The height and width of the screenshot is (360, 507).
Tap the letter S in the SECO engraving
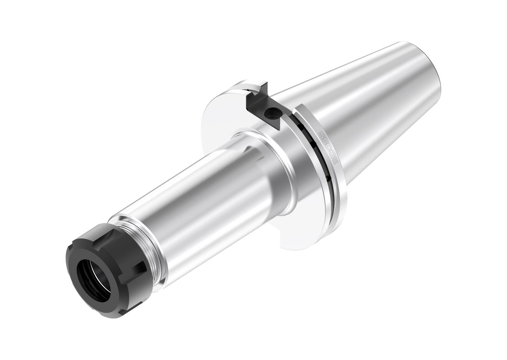[321, 134]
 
